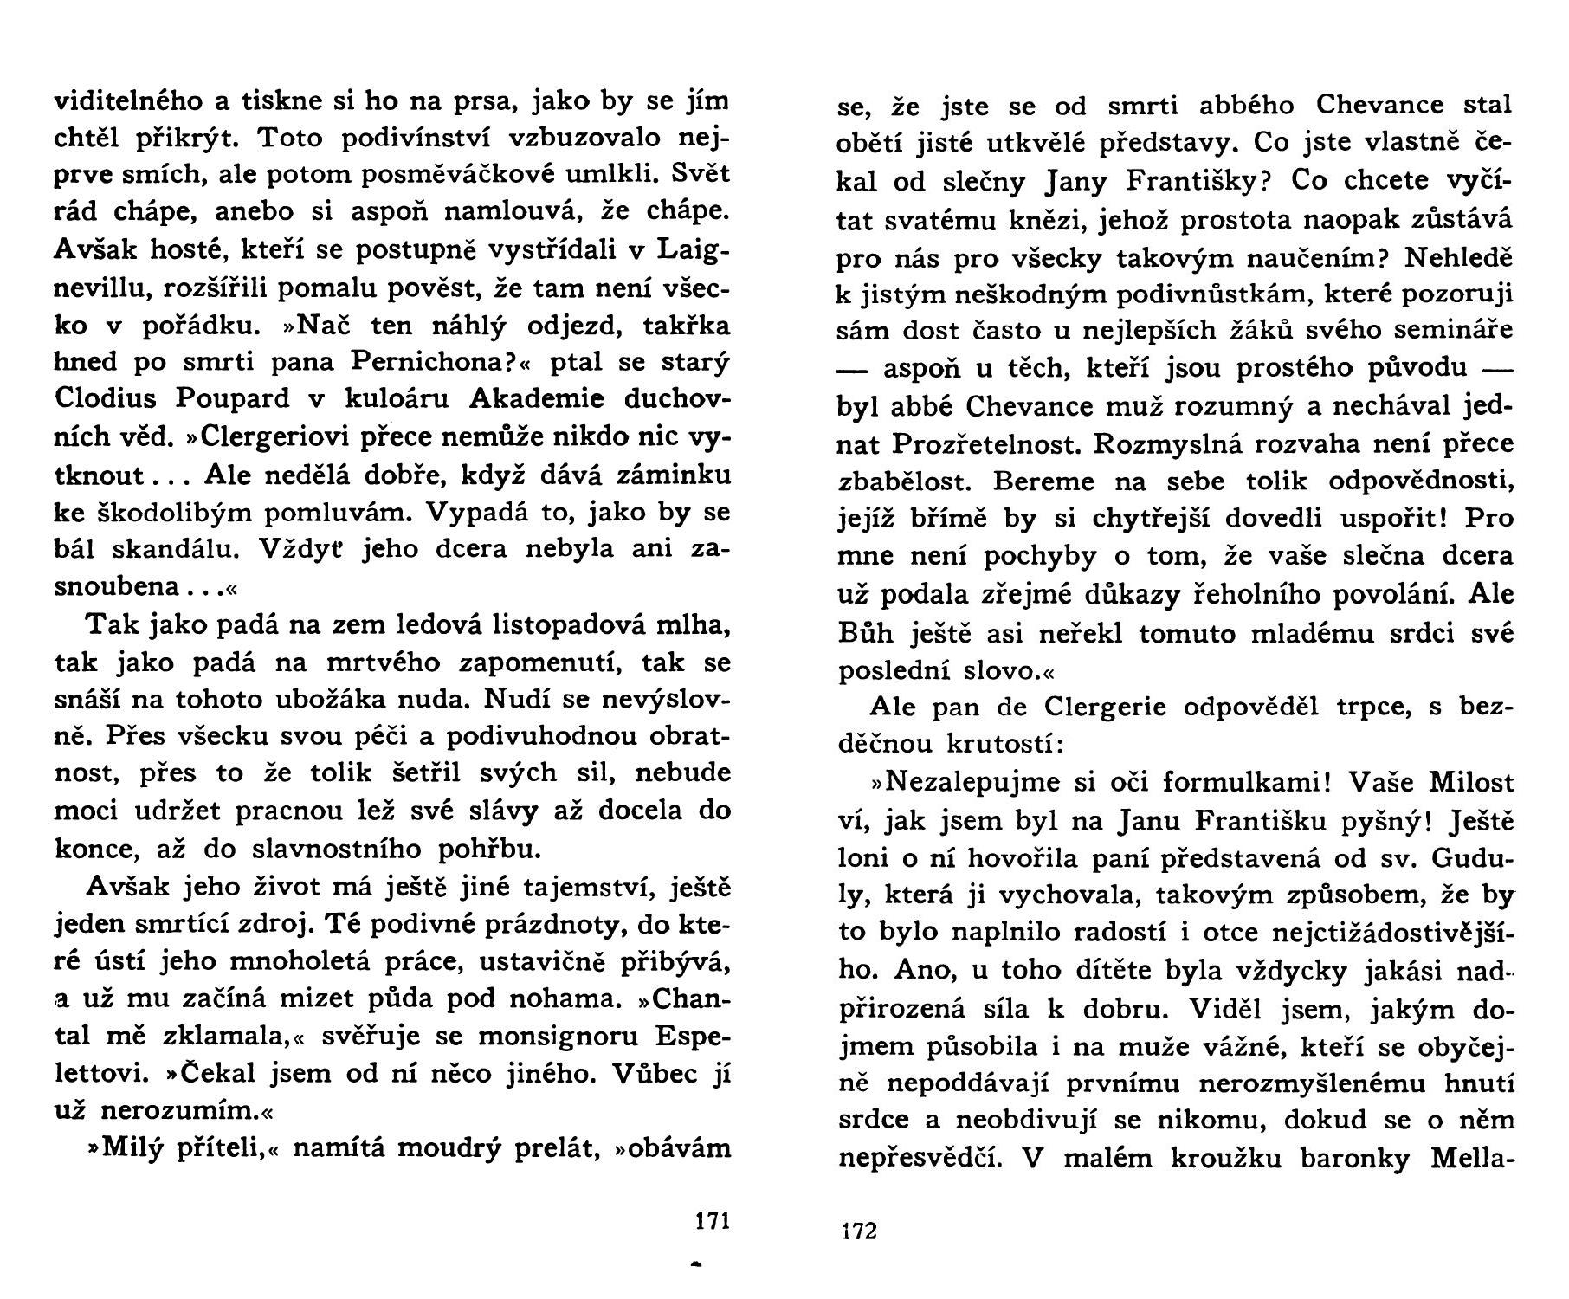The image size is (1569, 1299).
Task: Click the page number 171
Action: click(x=713, y=1222)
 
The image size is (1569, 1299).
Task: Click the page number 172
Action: click(x=858, y=1232)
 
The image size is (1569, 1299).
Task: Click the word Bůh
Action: click(x=868, y=633)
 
